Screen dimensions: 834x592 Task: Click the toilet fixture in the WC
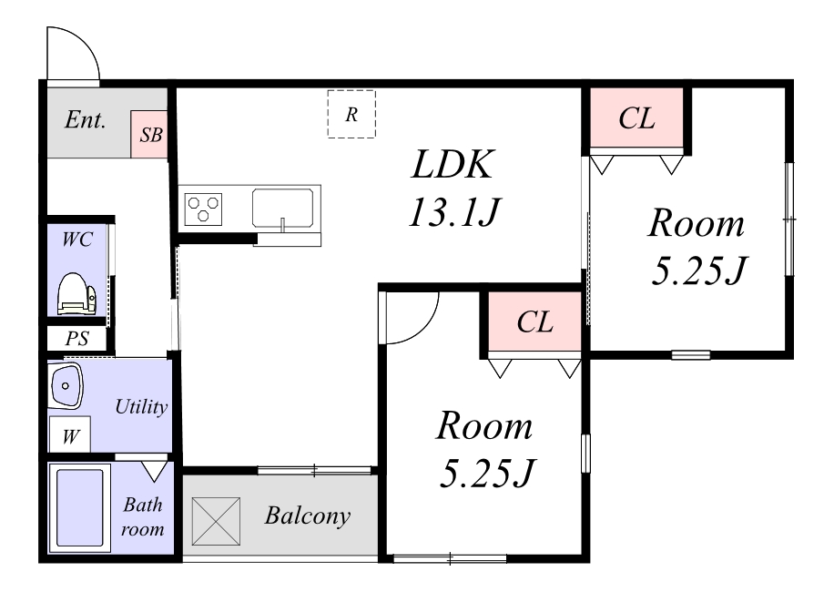tap(76, 294)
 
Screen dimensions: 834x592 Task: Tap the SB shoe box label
tap(150, 135)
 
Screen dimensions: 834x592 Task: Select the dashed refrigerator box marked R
tap(351, 115)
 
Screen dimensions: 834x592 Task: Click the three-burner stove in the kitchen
tap(203, 209)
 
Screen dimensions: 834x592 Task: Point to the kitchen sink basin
tap(282, 208)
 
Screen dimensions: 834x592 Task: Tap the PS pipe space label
tap(77, 338)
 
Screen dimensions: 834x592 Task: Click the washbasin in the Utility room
tap(66, 385)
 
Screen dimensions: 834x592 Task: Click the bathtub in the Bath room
tap(80, 508)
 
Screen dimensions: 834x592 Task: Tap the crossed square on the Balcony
tap(216, 521)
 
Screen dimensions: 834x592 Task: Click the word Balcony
tap(308, 515)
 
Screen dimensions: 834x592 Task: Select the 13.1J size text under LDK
tap(454, 211)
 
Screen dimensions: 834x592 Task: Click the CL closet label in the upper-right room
tap(636, 118)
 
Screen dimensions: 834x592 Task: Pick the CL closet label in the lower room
tap(535, 322)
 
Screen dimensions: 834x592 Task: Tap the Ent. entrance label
tap(85, 119)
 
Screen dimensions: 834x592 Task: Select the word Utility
tap(141, 407)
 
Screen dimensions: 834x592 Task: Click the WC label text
tap(77, 240)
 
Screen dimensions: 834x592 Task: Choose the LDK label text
tap(453, 164)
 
